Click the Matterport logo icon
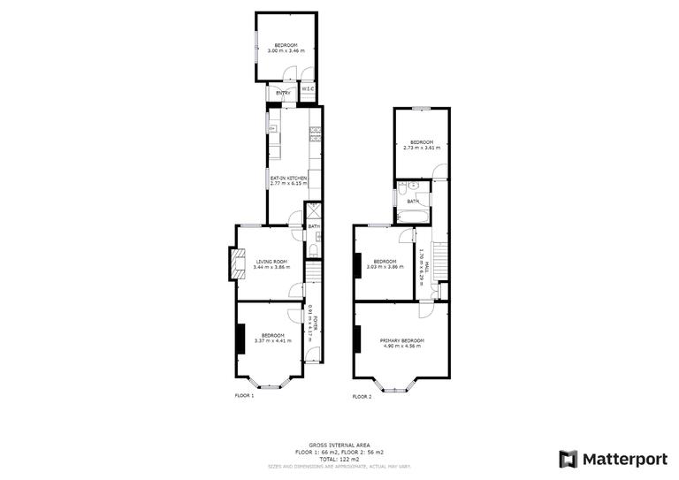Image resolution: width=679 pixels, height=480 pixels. [x=568, y=459]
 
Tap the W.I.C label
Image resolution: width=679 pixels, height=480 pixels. [x=308, y=88]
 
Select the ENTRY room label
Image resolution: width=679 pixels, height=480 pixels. [x=283, y=93]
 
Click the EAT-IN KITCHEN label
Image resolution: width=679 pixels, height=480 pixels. [x=288, y=179]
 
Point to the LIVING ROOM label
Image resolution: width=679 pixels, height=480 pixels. [x=272, y=262]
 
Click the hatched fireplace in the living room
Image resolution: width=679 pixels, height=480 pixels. [x=236, y=263]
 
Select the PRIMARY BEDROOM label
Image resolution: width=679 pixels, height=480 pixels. [x=402, y=340]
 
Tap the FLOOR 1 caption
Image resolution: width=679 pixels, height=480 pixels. [x=244, y=396]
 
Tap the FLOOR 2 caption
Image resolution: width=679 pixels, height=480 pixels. [x=362, y=397]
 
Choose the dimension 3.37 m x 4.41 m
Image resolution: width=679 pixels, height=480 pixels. [x=272, y=340]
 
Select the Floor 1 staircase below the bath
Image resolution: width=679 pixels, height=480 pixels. [x=313, y=273]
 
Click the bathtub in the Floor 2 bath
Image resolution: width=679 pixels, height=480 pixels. [x=414, y=214]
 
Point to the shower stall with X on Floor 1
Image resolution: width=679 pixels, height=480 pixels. [x=313, y=212]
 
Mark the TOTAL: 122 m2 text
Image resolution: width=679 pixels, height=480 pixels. [x=339, y=459]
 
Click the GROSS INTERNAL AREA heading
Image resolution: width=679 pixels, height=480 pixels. [x=339, y=445]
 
